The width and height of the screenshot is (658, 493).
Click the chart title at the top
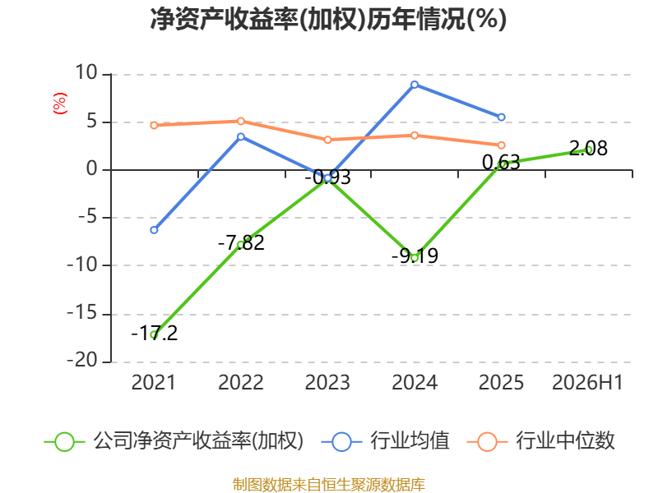[328, 19]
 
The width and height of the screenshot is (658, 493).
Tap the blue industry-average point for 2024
[415, 85]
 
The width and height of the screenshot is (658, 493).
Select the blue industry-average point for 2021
[154, 230]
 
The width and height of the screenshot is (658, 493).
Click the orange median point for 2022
[241, 121]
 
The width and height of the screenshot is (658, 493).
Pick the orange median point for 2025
[502, 145]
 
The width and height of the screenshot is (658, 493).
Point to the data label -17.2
[155, 334]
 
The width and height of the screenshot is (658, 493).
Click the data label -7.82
[241, 243]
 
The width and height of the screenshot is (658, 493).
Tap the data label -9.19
[415, 256]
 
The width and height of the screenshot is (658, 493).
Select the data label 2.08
[588, 149]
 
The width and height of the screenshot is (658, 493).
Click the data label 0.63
[501, 163]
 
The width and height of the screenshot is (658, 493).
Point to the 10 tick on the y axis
[86, 73]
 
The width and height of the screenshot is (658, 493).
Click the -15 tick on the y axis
[82, 313]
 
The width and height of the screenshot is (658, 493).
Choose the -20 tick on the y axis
[82, 361]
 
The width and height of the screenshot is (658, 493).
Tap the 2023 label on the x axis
[327, 383]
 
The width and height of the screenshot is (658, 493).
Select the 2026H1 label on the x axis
[587, 383]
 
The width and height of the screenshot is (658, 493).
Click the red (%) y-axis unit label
[59, 104]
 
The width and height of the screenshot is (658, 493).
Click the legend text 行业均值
[410, 441]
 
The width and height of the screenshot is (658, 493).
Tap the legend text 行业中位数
[565, 441]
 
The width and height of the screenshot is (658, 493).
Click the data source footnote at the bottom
[329, 485]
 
